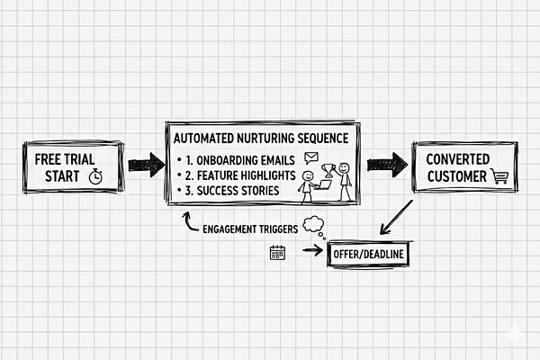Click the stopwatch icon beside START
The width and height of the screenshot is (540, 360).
[96, 176]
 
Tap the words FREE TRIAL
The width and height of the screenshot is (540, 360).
[66, 157]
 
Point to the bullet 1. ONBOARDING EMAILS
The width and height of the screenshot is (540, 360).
[237, 160]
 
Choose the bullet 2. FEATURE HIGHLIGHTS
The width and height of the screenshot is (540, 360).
[238, 175]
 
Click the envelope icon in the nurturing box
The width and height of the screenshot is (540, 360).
[311, 157]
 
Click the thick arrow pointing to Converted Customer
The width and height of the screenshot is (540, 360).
[386, 165]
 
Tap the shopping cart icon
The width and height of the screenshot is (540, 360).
[498, 176]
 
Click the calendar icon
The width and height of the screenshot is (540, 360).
[277, 252]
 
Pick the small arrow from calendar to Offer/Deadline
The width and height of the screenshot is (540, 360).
[312, 251]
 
